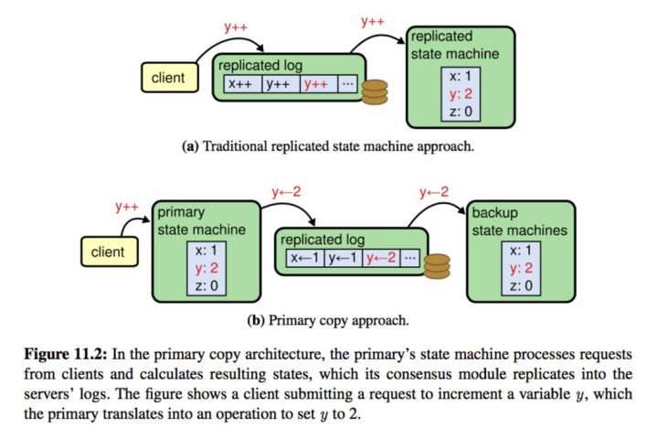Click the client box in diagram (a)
(x=170, y=78)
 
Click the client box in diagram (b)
(x=109, y=252)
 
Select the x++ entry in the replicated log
(x=242, y=84)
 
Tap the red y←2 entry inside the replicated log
(x=381, y=258)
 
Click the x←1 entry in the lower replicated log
(x=305, y=258)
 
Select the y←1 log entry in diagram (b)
(x=344, y=258)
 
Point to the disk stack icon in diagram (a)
(x=375, y=92)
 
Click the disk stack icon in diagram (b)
(x=437, y=266)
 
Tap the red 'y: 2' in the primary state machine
(x=207, y=268)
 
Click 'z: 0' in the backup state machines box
(x=521, y=285)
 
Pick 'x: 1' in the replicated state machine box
(x=461, y=76)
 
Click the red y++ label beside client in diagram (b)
(x=127, y=207)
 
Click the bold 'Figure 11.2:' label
(x=66, y=354)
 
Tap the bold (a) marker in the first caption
(x=190, y=146)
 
